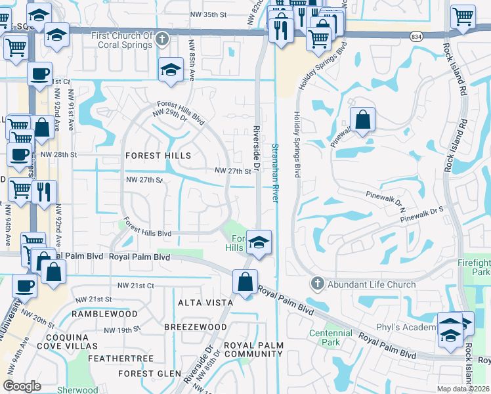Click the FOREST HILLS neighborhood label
click(158, 156)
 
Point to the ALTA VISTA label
click(205, 303)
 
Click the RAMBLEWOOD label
click(105, 314)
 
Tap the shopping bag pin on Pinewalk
click(362, 121)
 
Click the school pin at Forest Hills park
click(259, 243)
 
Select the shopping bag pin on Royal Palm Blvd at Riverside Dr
click(245, 283)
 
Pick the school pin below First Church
click(171, 70)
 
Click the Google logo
click(22, 386)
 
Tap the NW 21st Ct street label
click(135, 286)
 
